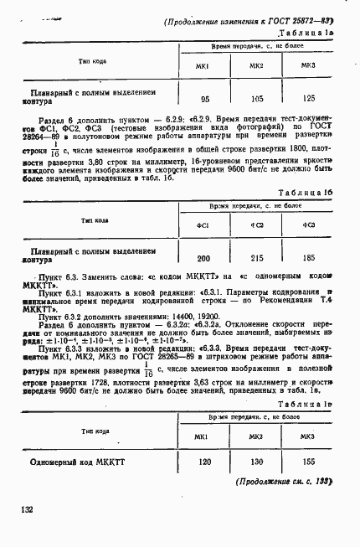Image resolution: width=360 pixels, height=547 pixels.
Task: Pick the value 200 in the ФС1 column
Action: [x=203, y=258]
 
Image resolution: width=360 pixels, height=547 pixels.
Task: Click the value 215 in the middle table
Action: [x=257, y=258]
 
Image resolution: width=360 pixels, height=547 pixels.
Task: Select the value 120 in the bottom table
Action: [x=203, y=462]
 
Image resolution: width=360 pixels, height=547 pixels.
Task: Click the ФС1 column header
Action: [x=203, y=224]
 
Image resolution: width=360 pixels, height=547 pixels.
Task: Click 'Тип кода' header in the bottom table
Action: [x=95, y=431]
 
